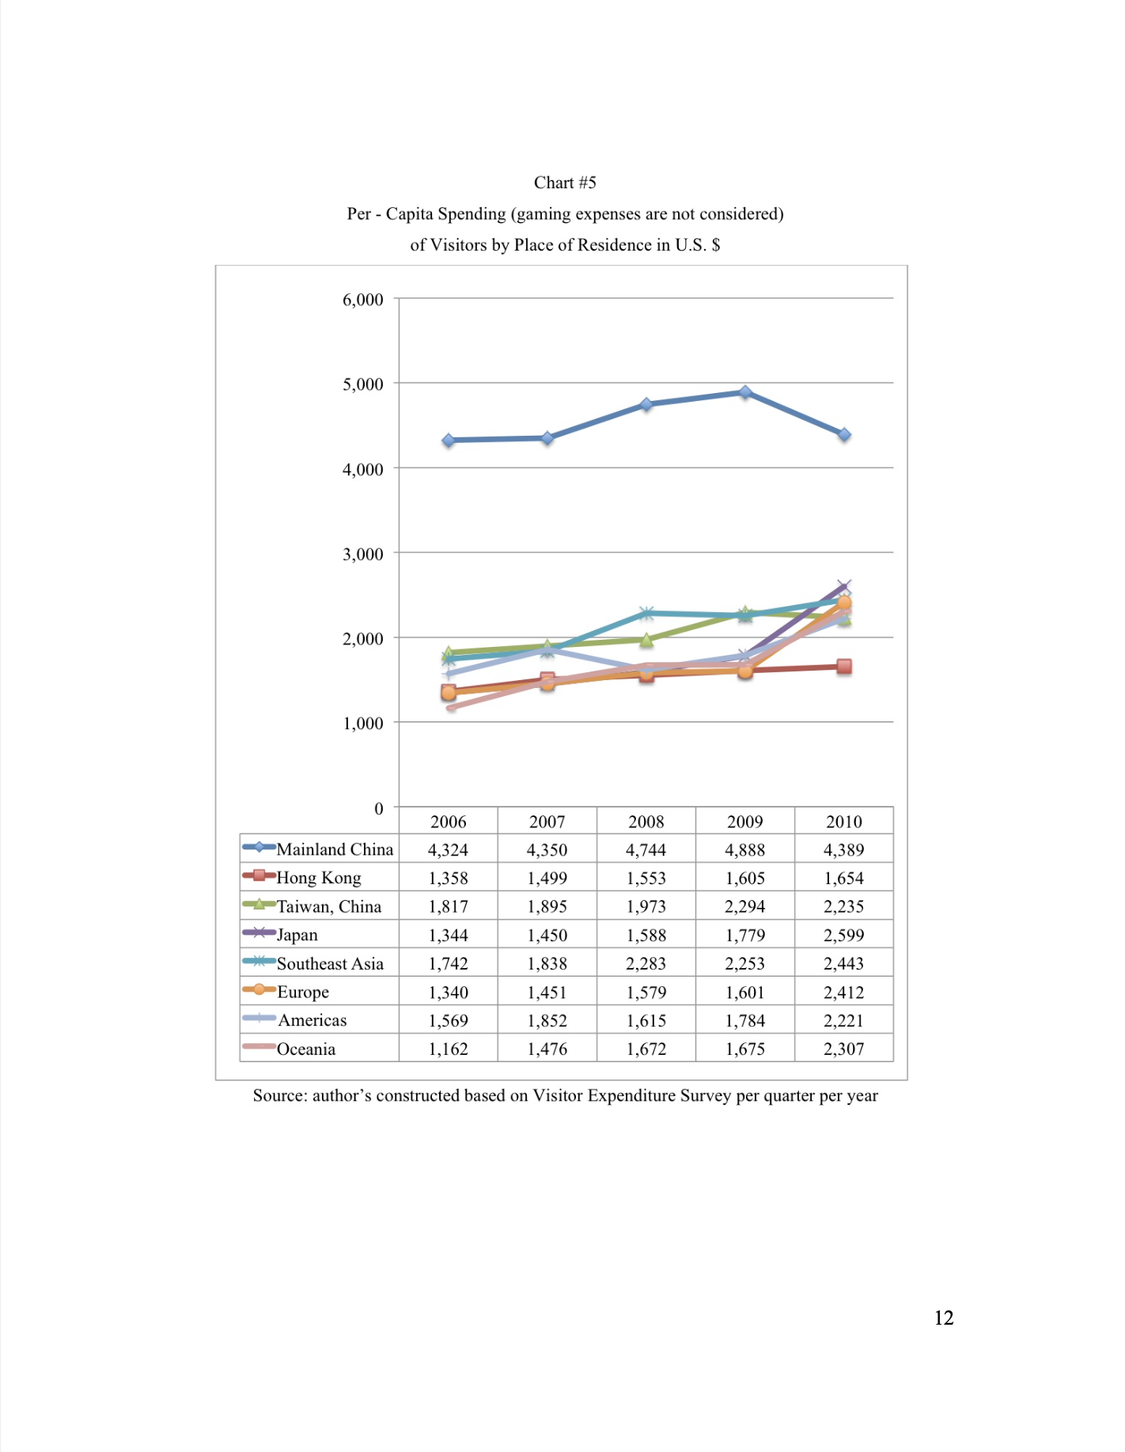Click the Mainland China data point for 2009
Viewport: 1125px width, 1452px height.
745,392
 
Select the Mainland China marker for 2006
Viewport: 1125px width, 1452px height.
449,440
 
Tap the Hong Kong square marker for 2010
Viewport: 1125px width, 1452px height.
844,667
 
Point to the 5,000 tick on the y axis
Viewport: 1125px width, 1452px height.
363,384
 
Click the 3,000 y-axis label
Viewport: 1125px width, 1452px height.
363,554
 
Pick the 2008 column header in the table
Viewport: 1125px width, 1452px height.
646,822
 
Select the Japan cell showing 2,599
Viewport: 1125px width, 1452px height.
844,935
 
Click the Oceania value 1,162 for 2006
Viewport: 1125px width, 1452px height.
449,1049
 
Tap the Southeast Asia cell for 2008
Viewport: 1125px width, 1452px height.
646,963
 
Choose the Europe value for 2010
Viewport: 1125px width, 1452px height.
844,992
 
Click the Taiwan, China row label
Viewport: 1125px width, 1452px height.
329,906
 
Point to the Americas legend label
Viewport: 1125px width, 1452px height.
312,1020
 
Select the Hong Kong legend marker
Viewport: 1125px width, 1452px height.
259,875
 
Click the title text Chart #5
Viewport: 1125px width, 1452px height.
565,183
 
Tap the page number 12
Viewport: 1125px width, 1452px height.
944,1318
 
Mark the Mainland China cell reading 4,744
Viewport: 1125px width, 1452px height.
646,850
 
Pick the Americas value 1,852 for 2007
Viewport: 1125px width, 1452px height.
547,1020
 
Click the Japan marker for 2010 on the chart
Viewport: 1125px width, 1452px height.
844,587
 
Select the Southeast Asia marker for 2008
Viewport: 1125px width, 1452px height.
646,613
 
